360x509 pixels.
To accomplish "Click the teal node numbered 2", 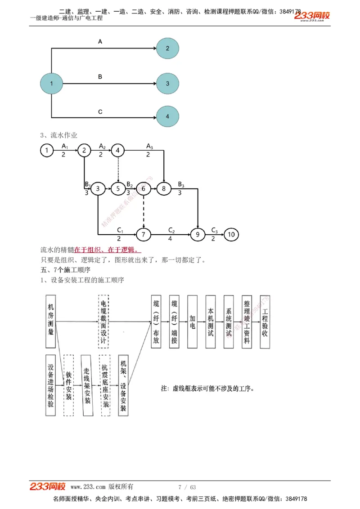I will pos(167,48).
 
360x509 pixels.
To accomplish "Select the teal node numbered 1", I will pos(51,83).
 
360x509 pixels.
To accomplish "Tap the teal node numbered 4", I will pos(167,116).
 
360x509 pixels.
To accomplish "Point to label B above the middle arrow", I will pos(100,77).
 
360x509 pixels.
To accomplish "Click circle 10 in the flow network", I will pos(231,234).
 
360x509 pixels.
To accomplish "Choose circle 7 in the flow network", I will pos(144,234).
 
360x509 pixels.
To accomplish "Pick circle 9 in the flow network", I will pos(197,234).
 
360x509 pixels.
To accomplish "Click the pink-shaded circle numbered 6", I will pos(144,189).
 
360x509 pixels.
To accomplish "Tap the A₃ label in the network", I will pos(149,147).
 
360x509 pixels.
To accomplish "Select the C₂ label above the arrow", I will pos(171,230).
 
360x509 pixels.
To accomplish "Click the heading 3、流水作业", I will pos(59,135).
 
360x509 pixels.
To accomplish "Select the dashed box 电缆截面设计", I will pos(103,321).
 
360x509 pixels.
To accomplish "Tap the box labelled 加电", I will pos(192,321).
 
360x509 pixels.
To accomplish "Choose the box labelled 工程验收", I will pos(265,321).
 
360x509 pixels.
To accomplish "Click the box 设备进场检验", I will pos(51,385).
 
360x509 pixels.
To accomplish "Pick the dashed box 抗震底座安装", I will pos(105,385).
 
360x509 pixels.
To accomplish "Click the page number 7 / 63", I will pos(187,487).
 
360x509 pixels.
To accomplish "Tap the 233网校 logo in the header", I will pos(312,16).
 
